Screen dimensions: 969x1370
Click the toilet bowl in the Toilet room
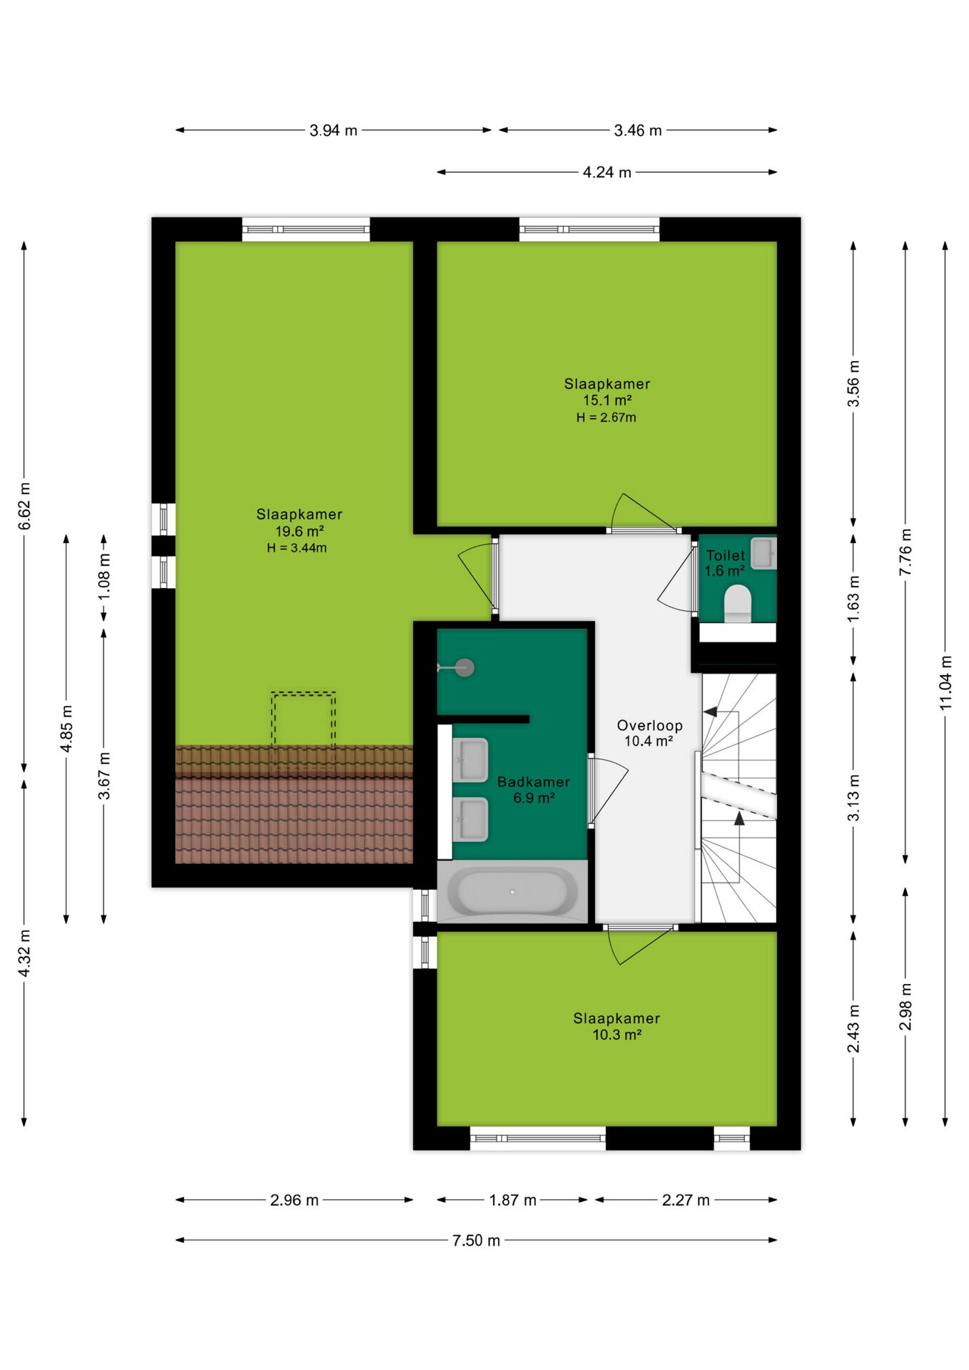738,604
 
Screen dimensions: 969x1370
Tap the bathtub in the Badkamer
512,890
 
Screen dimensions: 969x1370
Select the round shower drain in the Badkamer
465,668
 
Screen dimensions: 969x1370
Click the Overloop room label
649,725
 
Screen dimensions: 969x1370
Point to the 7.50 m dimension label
476,1240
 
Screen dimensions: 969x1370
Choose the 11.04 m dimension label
945,682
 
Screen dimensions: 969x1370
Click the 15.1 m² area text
607,400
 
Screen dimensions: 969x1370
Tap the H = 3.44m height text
297,548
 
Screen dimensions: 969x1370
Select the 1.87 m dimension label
512,1200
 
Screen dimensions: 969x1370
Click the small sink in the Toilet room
763,552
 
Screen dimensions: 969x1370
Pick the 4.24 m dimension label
607,172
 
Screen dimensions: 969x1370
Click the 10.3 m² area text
617,1035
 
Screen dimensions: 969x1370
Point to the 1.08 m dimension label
104,576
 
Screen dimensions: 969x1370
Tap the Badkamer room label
534,782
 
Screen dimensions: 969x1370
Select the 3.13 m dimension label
853,797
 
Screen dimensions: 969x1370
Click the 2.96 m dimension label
294,1200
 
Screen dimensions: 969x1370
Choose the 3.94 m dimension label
333,131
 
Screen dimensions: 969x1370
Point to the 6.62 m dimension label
24,506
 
